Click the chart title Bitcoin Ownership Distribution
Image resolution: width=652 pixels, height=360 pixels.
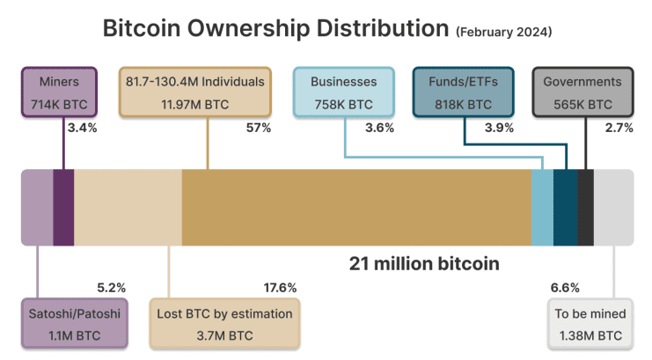[x=275, y=28]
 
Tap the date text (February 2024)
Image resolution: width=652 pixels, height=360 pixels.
[x=503, y=33]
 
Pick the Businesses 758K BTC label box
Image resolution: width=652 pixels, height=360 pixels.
[x=343, y=92]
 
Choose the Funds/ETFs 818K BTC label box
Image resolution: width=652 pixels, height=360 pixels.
[x=464, y=92]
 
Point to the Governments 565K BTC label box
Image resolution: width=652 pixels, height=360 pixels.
[x=582, y=92]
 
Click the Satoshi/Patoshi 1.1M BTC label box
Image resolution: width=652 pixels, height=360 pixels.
[x=74, y=323]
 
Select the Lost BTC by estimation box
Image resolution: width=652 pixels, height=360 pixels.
[x=224, y=323]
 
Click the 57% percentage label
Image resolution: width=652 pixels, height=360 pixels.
[x=259, y=129]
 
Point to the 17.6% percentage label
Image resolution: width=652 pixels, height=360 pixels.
[x=280, y=288]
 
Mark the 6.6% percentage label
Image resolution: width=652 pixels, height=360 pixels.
[x=565, y=288]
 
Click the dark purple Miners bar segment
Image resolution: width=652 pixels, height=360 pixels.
[x=63, y=208]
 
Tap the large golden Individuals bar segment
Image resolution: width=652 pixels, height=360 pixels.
[x=356, y=208]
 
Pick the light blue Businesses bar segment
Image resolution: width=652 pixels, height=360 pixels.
[x=542, y=208]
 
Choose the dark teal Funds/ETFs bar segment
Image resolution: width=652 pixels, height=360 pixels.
[x=565, y=208]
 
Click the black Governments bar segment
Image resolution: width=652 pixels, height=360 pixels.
[x=585, y=208]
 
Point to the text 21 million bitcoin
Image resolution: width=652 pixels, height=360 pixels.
[x=424, y=263]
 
